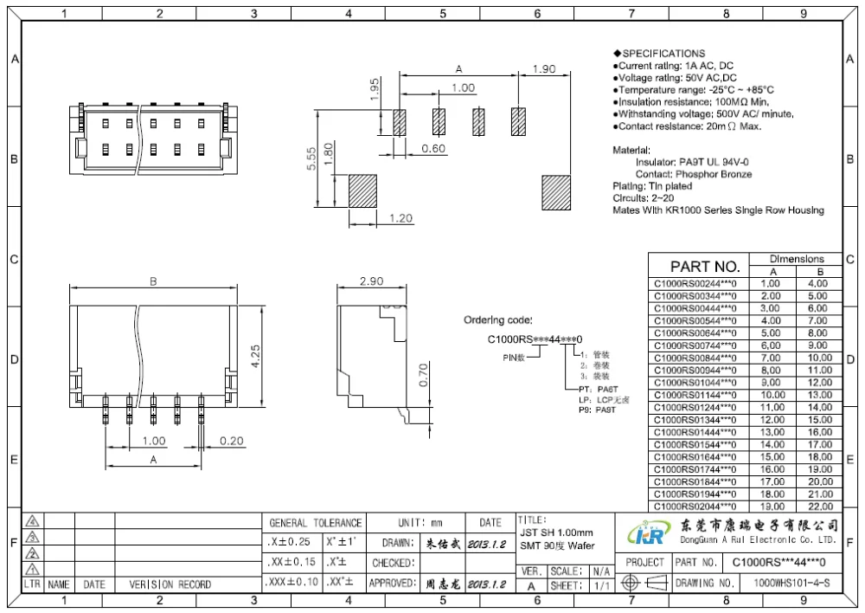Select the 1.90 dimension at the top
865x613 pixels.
tap(543, 69)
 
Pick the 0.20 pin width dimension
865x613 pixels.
tap(231, 441)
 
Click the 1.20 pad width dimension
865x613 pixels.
tap(400, 218)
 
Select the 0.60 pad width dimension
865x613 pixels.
tap(433, 148)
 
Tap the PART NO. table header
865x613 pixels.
tap(705, 266)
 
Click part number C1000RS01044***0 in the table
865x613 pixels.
tap(695, 383)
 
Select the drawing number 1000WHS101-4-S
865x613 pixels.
tap(791, 584)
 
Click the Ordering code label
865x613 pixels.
tap(497, 319)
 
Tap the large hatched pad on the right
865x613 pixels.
tap(556, 190)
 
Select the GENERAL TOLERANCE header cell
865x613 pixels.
tap(315, 523)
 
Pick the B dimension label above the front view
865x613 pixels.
tap(153, 281)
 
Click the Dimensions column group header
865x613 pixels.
tap(797, 259)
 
